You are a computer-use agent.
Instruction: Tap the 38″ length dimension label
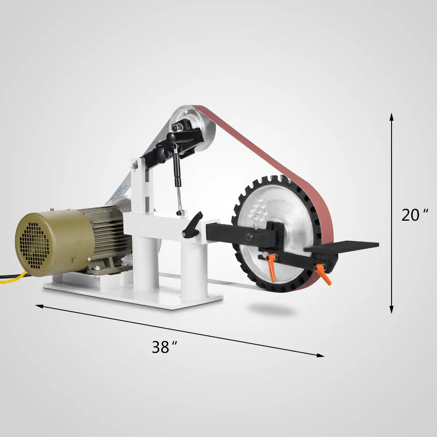164,347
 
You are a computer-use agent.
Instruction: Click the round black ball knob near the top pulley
172,138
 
